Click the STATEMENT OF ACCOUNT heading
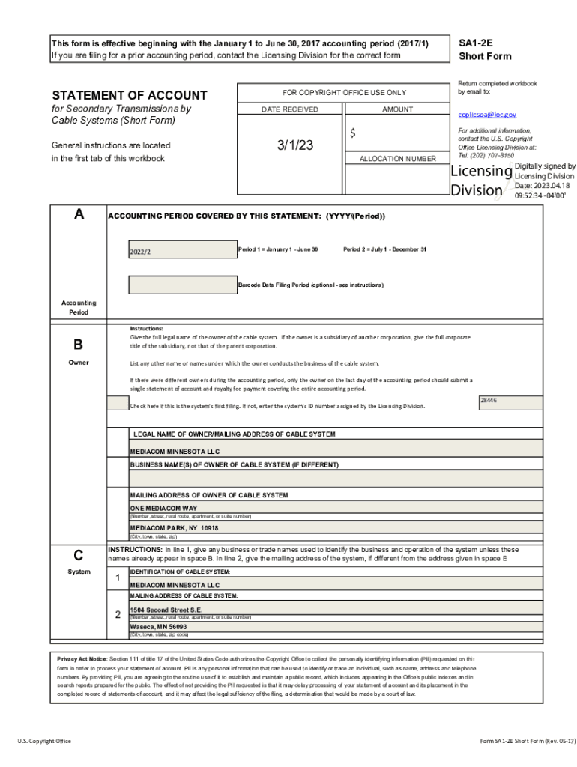tap(129, 95)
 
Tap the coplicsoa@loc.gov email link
tap(487, 115)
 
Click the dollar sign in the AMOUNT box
tap(353, 133)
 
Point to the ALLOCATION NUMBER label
tap(397, 159)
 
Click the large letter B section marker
tap(78, 345)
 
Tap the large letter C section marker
tap(78, 556)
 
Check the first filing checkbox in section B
tap(118, 403)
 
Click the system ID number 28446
tap(489, 401)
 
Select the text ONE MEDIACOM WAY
tap(163, 508)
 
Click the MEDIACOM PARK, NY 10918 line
tap(174, 527)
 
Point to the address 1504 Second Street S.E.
tap(166, 610)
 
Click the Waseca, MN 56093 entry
tap(158, 626)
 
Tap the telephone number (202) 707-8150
tap(492, 155)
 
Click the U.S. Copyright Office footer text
tap(44, 741)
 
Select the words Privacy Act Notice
tap(82, 658)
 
